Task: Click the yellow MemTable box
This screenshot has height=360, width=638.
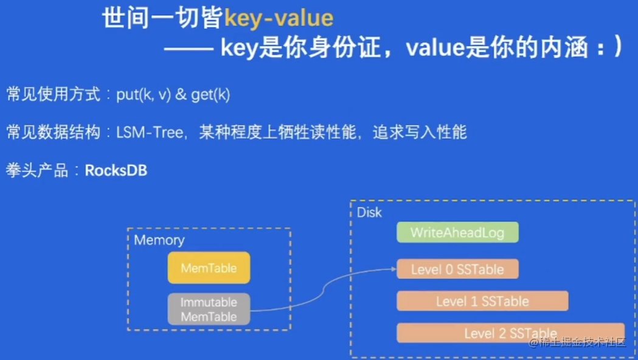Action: point(209,268)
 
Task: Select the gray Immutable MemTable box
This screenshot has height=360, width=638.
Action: point(209,309)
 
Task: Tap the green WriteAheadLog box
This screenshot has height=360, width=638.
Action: point(457,232)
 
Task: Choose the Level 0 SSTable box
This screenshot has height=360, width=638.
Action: point(457,269)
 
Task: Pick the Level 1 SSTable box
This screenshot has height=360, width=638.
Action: point(482,301)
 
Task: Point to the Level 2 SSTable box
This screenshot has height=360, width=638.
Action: point(510,333)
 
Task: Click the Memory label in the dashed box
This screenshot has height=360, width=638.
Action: point(159,240)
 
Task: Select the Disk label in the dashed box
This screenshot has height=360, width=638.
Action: point(370,212)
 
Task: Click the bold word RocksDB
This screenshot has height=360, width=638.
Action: point(116,170)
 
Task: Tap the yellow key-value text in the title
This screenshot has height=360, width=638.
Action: point(279,18)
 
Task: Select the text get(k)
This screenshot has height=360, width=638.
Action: point(210,95)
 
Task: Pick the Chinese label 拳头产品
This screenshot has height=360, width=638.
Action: point(37,170)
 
